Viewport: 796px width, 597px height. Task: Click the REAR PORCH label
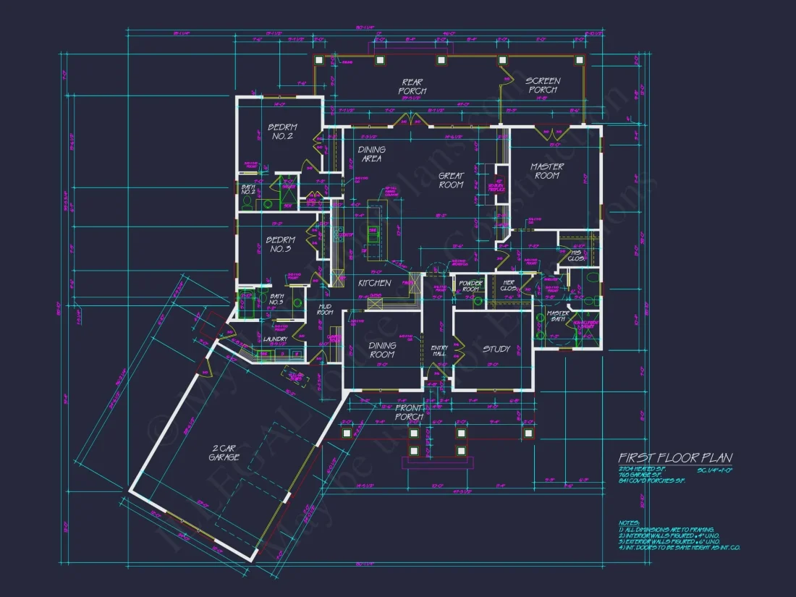[412, 86]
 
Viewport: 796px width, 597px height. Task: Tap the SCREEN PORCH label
[542, 85]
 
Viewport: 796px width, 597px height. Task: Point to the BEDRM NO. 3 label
[280, 245]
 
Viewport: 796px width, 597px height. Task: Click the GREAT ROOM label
[451, 180]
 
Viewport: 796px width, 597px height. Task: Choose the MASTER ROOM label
[546, 171]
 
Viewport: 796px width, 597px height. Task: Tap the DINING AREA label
[371, 154]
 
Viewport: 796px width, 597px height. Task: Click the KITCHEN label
[374, 283]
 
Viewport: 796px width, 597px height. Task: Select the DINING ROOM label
[382, 350]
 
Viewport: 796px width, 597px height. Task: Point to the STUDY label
[496, 349]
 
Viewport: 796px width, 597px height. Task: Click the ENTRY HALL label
[439, 350]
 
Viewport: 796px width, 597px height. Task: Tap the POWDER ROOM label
[470, 286]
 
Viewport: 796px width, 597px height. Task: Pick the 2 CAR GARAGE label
[224, 453]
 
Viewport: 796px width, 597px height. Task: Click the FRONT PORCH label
[409, 412]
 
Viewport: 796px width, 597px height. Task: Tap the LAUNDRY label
[275, 339]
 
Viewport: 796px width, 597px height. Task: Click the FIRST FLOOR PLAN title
[674, 458]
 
